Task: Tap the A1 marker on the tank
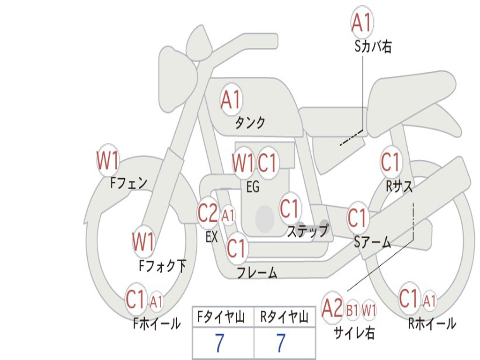(x=231, y=99)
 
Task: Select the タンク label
(x=250, y=122)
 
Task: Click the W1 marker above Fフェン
(x=108, y=160)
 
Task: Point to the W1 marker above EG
(x=243, y=163)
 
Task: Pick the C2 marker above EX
(x=208, y=212)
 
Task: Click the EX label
(x=211, y=237)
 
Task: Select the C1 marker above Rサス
(x=390, y=162)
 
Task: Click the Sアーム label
(x=373, y=242)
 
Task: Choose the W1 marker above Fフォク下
(x=143, y=241)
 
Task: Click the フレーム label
(x=257, y=272)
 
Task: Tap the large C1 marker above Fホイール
(x=135, y=299)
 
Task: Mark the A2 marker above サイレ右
(x=332, y=307)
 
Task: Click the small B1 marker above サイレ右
(x=352, y=310)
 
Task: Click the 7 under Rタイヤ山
(x=281, y=343)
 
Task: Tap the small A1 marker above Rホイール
(x=429, y=300)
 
